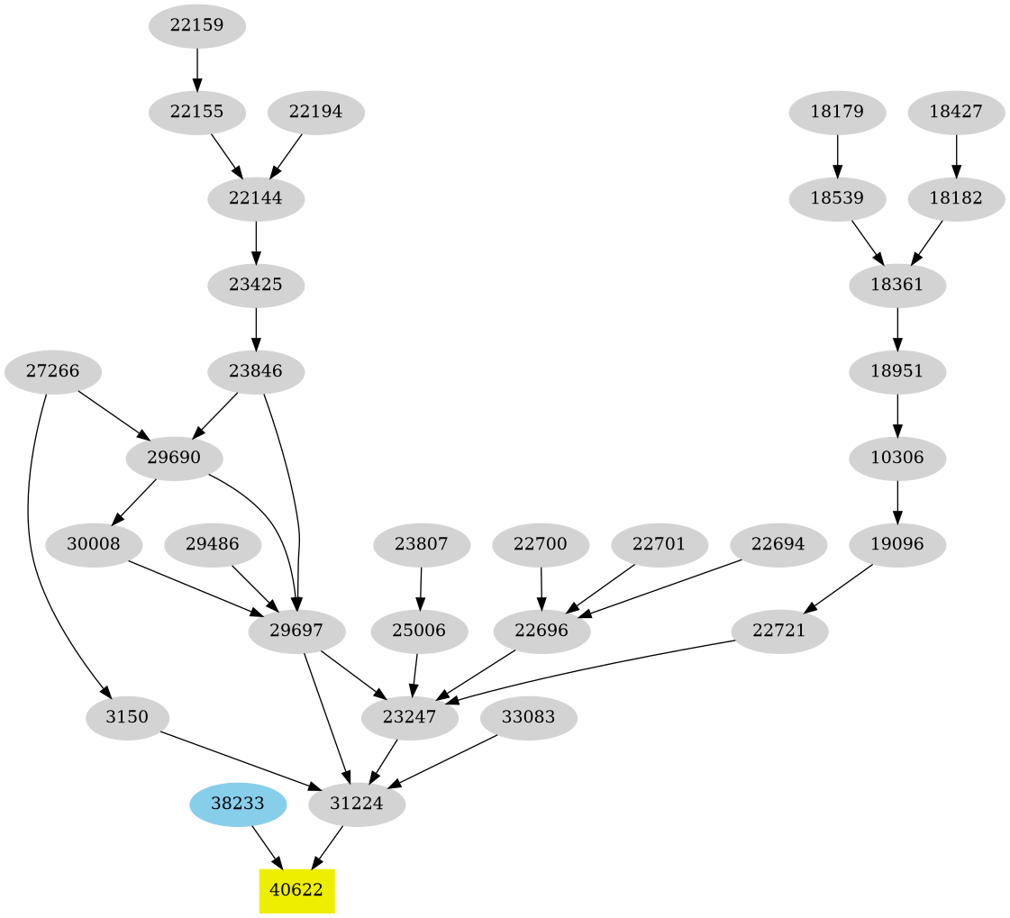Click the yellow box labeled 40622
pos(296,891)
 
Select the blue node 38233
pos(238,804)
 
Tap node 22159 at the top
pos(196,26)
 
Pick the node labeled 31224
pos(357,804)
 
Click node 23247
pos(410,718)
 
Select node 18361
pos(897,286)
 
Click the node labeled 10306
pos(897,459)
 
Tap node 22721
pos(779,632)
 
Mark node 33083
pos(528,718)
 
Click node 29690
pos(174,459)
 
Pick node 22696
pos(542,632)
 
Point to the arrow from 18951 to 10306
pos(897,415)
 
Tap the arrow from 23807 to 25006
pos(421,588)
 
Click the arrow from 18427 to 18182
pos(956,156)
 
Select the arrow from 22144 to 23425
pos(256,242)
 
